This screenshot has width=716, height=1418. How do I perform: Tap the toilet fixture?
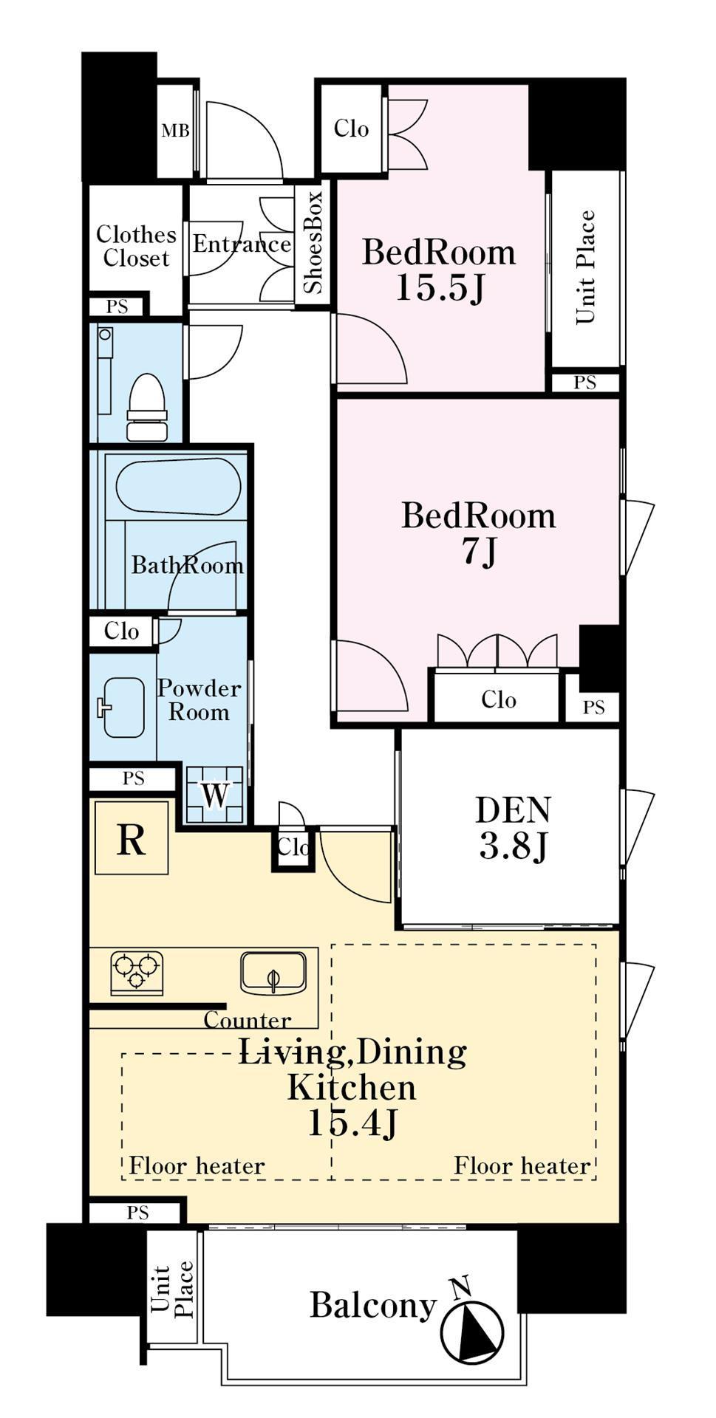tap(146, 407)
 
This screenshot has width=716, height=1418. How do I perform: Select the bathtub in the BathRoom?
tap(178, 486)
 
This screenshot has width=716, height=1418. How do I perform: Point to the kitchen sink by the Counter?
tap(273, 973)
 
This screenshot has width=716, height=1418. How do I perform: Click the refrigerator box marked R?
tap(132, 838)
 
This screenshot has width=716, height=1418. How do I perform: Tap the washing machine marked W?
tap(214, 795)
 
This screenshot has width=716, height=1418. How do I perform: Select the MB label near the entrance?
tap(175, 131)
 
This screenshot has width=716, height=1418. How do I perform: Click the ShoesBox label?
tap(313, 242)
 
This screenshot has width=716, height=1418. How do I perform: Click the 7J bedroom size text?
tap(479, 551)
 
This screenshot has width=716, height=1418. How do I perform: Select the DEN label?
tap(513, 809)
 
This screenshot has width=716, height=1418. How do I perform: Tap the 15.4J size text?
tap(352, 1123)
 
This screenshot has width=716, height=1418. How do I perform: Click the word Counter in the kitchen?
tap(248, 1020)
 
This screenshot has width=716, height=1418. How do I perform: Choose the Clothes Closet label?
tap(137, 246)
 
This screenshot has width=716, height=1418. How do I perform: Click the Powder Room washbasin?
tap(123, 708)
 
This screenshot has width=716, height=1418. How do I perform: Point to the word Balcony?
tap(373, 1305)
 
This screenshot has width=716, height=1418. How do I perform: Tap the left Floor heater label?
tap(197, 1165)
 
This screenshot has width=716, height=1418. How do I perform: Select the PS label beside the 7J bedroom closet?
tap(593, 707)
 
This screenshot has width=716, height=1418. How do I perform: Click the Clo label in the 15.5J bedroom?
tap(351, 129)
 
